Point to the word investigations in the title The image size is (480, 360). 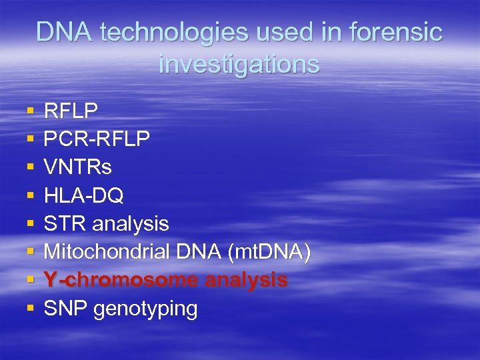coord(239,64)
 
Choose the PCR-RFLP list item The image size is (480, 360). coord(97,138)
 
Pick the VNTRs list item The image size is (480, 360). coord(77,167)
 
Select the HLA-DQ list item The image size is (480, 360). coord(83,195)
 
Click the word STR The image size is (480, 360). coord(65,223)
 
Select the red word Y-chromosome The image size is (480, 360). coord(120,280)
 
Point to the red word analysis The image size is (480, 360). coord(246,281)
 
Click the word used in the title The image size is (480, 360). coord(284,32)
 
